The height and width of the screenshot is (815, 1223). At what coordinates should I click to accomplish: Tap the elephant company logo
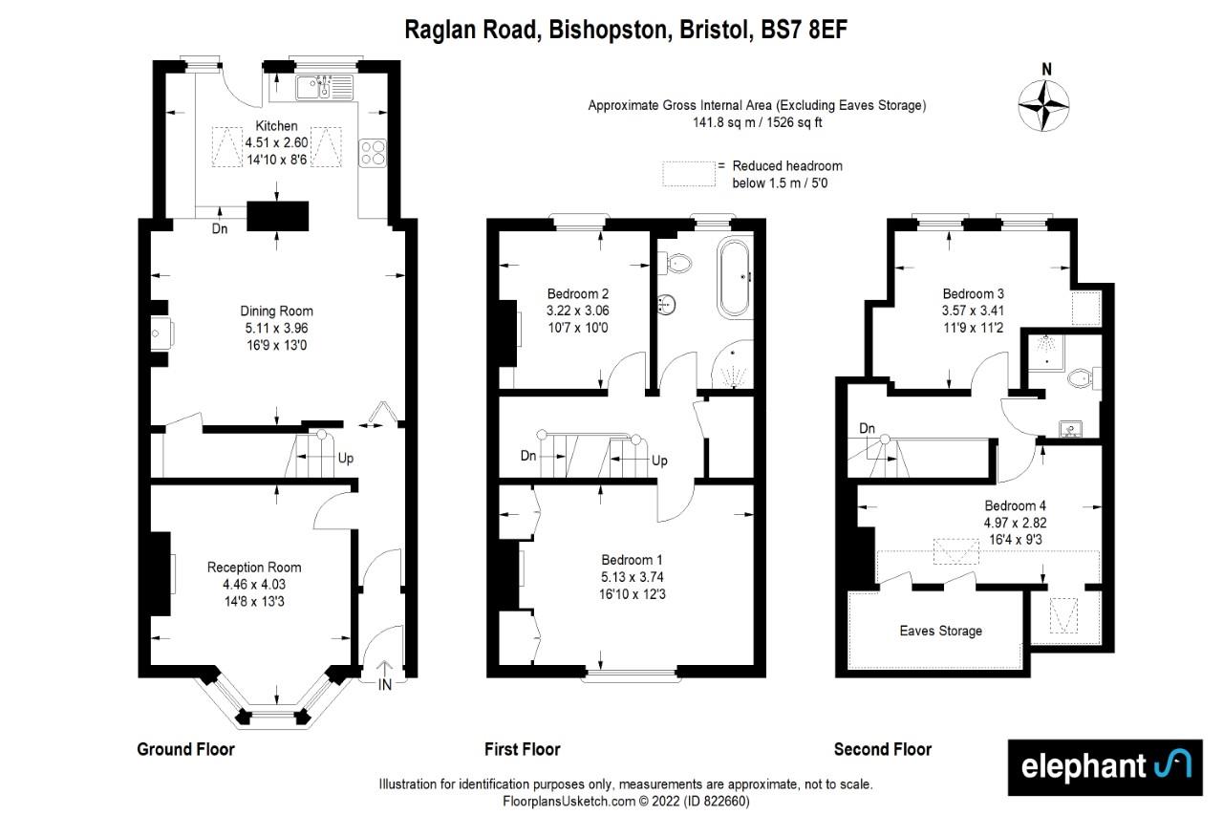[1105, 767]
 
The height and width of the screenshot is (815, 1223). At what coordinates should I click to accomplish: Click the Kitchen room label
[276, 126]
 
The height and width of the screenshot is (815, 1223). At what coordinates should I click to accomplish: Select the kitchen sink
[324, 88]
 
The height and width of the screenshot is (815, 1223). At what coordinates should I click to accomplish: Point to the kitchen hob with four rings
[372, 154]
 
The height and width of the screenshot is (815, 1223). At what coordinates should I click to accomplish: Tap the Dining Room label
[276, 311]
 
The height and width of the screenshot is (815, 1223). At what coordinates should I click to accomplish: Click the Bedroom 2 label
[578, 293]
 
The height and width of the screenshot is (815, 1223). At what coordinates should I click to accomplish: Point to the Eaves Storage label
[940, 631]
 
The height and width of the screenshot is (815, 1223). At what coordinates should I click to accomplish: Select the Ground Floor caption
[185, 749]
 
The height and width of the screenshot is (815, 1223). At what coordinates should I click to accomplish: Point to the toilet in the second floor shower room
[1082, 379]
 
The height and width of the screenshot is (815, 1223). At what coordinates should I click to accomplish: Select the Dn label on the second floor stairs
[868, 428]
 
